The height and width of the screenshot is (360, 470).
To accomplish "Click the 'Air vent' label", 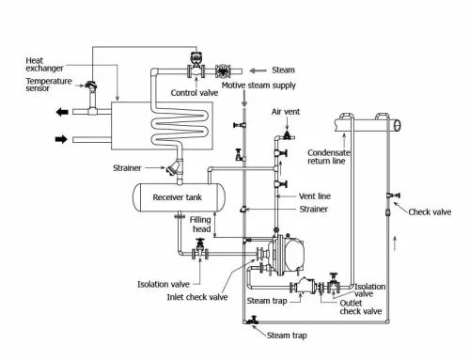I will [x=285, y=112].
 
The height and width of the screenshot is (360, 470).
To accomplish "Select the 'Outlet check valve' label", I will [x=359, y=306].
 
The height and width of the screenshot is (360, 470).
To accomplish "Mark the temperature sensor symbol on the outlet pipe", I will [x=92, y=90].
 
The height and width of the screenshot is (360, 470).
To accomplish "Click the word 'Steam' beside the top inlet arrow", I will [x=283, y=70].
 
